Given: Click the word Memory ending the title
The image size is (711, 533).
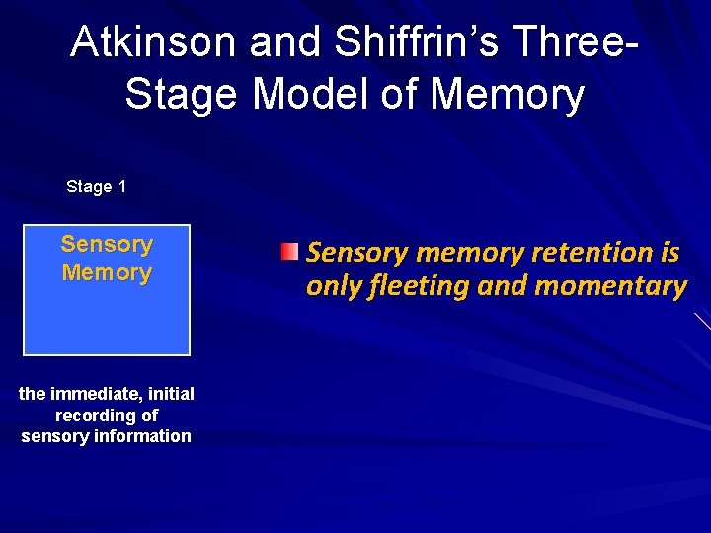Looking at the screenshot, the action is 508,95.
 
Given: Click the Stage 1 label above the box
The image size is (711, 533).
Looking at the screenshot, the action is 96,187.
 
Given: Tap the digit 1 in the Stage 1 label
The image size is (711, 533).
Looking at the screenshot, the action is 121,187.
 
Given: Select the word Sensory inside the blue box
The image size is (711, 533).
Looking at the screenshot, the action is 107,244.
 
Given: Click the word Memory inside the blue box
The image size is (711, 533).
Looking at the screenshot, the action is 107,272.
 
